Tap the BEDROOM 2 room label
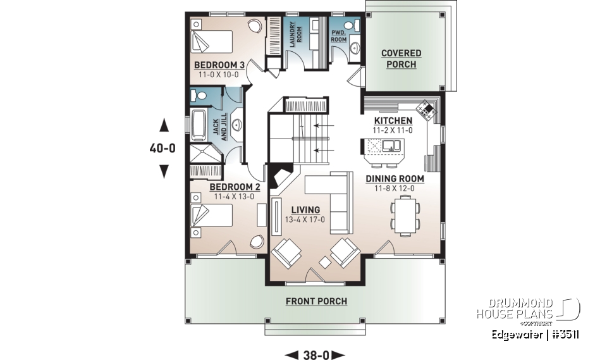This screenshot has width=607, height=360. [235, 187]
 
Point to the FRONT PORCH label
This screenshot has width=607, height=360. [316, 301]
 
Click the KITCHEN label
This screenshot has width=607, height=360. [393, 121]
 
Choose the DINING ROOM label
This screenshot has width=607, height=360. [395, 179]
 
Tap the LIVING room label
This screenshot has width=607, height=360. [305, 210]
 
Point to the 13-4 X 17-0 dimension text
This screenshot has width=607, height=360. [305, 220]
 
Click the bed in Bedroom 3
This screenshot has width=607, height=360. [212, 42]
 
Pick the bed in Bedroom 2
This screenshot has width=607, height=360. [212, 215]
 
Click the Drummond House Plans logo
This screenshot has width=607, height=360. [528, 308]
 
